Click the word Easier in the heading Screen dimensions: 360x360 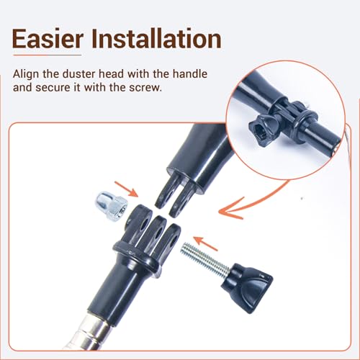(48, 39)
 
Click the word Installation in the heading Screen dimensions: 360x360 (156, 39)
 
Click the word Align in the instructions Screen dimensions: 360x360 (26, 74)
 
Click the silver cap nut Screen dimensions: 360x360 (112, 207)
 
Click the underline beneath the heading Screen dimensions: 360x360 (47, 55)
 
